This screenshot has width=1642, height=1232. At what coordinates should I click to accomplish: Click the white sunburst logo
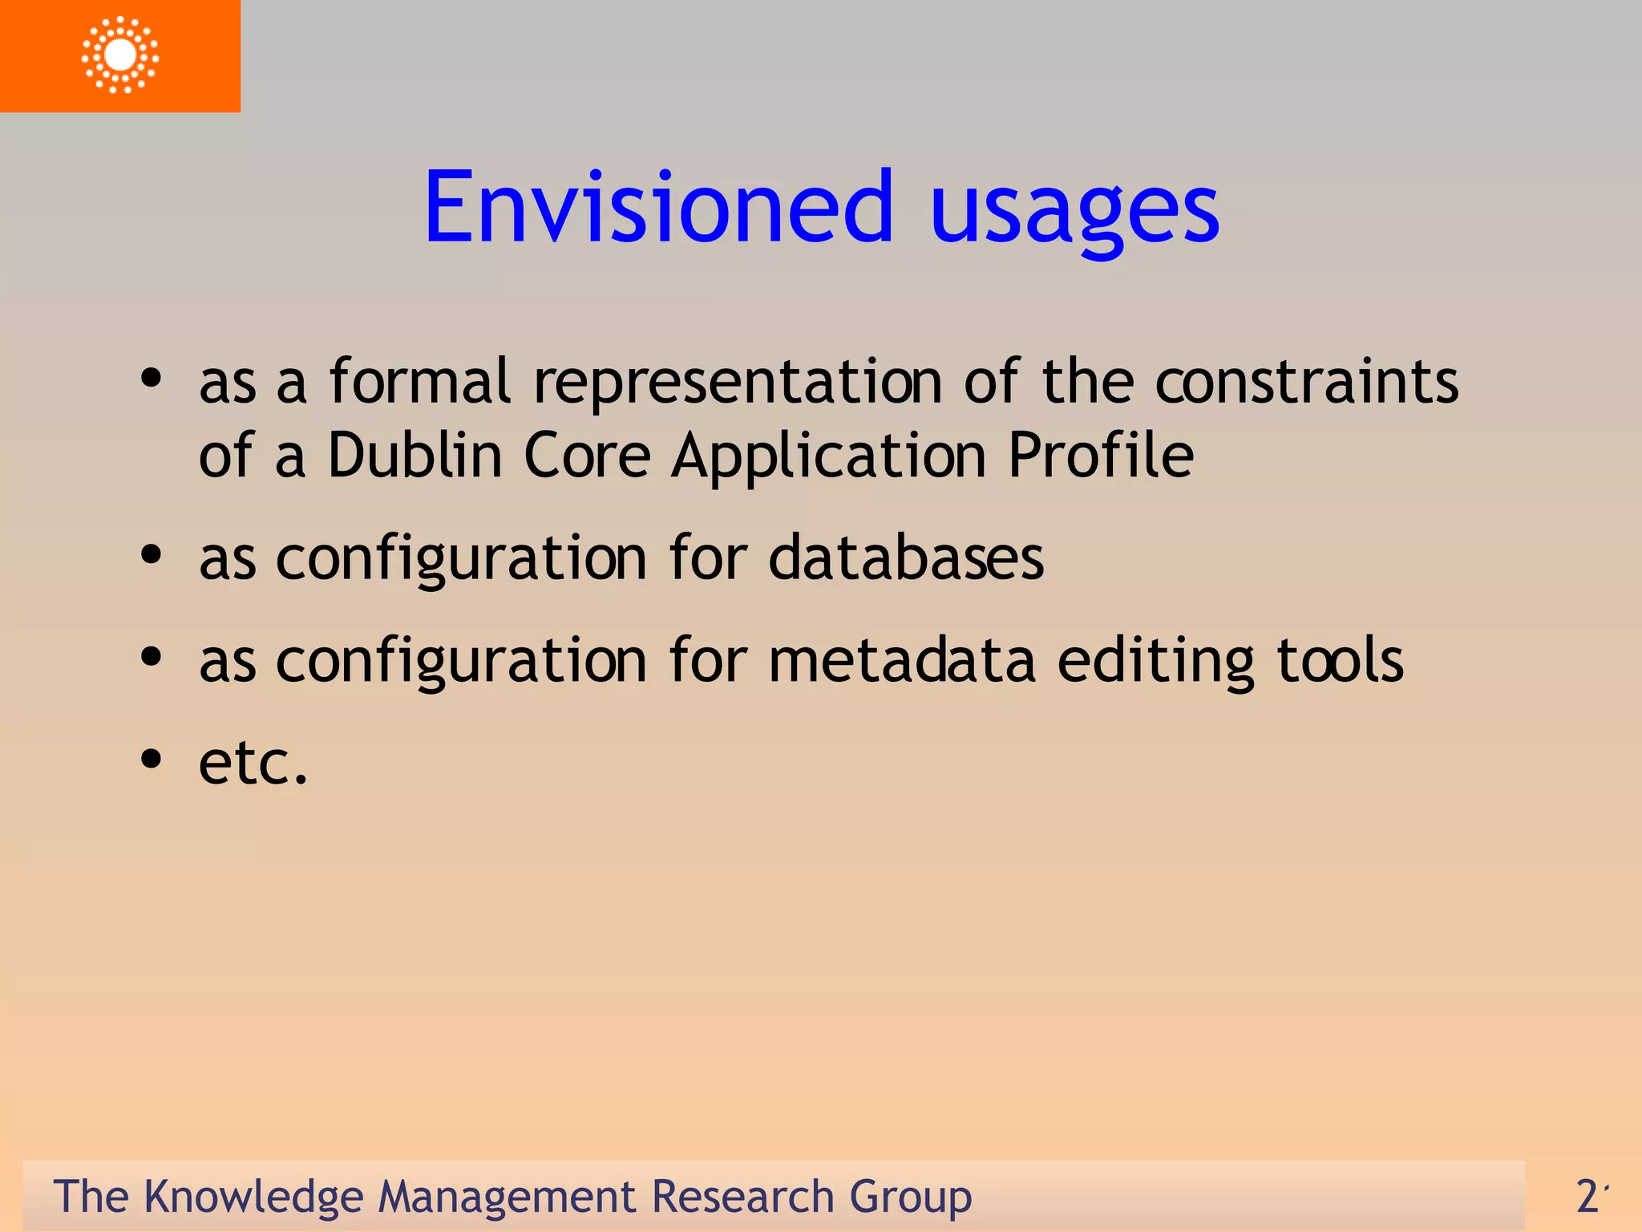pos(120,55)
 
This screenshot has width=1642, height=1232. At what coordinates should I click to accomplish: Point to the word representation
pos(738,383)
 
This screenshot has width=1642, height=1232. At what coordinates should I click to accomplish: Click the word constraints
pos(1306,381)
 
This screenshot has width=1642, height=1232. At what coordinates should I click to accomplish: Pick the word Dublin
pos(415,455)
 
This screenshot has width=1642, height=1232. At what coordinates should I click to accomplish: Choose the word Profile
pos(1100,455)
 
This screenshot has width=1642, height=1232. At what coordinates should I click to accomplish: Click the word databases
pos(906,557)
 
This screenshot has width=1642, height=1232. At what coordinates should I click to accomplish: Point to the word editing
pos(1155,662)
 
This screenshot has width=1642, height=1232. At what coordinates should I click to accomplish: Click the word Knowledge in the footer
pos(253,1198)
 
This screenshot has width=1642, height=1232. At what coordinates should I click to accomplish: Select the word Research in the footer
pos(742,1197)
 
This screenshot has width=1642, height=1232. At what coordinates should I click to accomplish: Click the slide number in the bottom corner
pos(1591,1196)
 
